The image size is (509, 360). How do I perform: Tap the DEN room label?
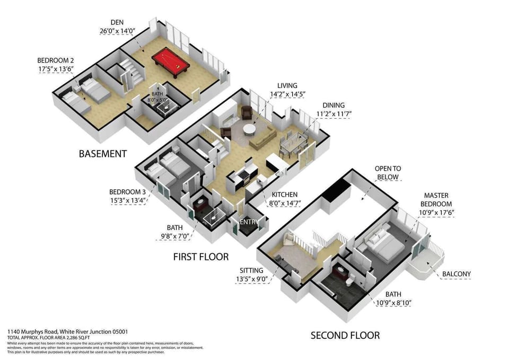[117, 22]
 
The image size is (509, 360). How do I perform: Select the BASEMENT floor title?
[102, 154]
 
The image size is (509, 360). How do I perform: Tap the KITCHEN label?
[284, 195]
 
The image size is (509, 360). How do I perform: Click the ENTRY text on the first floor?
[248, 222]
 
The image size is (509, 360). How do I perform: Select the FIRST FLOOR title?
[201, 257]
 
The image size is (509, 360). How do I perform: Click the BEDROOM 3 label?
[127, 191]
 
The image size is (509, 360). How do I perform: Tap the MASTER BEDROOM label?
[436, 200]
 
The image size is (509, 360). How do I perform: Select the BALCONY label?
[456, 274]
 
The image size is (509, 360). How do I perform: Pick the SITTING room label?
[252, 270]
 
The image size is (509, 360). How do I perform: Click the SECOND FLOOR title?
[345, 335]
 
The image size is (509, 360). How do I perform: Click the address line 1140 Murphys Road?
[67, 331]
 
